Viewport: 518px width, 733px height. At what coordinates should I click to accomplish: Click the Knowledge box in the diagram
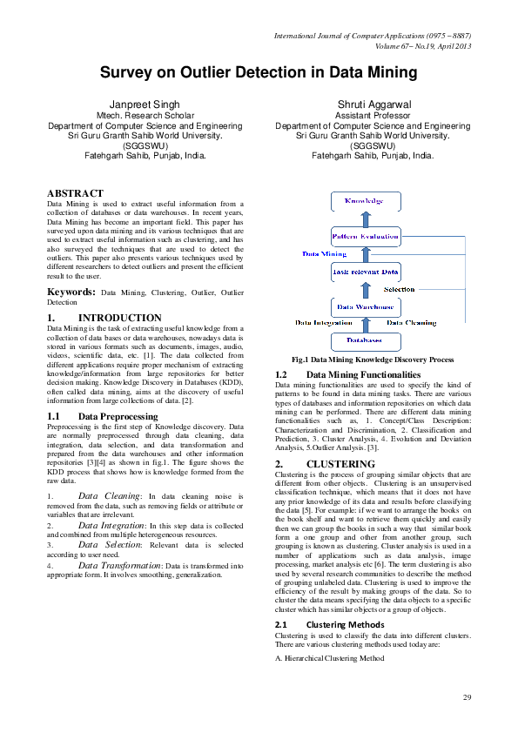(x=365, y=201)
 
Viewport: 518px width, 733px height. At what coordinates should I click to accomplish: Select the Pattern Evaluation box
(x=365, y=236)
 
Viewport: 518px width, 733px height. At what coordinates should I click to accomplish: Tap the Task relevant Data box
(x=365, y=272)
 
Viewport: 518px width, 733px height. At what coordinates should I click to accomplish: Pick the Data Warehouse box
(x=365, y=306)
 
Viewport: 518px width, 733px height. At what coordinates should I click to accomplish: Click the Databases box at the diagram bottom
(x=365, y=340)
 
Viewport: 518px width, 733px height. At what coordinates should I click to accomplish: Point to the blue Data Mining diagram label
(x=325, y=254)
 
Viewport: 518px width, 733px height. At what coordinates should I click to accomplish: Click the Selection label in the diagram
(x=400, y=289)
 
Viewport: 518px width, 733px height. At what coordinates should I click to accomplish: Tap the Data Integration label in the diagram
(x=324, y=323)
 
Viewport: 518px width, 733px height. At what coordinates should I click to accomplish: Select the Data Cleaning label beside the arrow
(x=409, y=323)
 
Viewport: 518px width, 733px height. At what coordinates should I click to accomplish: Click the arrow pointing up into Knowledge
(x=366, y=219)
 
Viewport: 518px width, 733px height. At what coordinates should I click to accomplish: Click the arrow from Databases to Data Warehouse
(x=366, y=324)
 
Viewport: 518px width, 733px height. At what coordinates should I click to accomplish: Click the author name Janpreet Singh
(x=145, y=104)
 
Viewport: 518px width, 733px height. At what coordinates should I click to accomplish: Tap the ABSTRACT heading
(x=76, y=192)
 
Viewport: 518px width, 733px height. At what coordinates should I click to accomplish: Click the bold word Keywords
(x=71, y=293)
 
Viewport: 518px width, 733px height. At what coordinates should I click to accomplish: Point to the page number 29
(x=467, y=697)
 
